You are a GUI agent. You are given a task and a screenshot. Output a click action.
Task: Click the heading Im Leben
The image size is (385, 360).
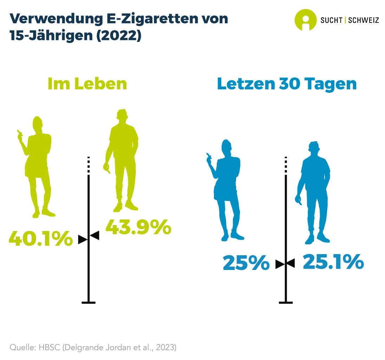tap(87, 84)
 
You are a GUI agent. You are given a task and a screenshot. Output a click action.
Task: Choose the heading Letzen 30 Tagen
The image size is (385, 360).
tap(287, 84)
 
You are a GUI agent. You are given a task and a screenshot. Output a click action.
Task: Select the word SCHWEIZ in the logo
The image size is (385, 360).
tap(364, 20)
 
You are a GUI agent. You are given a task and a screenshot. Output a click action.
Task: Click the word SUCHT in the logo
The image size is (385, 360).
tap(331, 20)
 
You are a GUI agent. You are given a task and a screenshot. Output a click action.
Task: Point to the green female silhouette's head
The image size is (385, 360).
tap(37, 123)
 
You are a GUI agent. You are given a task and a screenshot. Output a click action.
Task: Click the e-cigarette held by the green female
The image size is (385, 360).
tap(19, 133)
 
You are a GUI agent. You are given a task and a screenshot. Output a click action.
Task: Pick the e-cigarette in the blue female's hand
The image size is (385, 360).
tap(208, 155)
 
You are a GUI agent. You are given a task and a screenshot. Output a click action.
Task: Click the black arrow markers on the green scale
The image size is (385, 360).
tap(89, 237)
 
